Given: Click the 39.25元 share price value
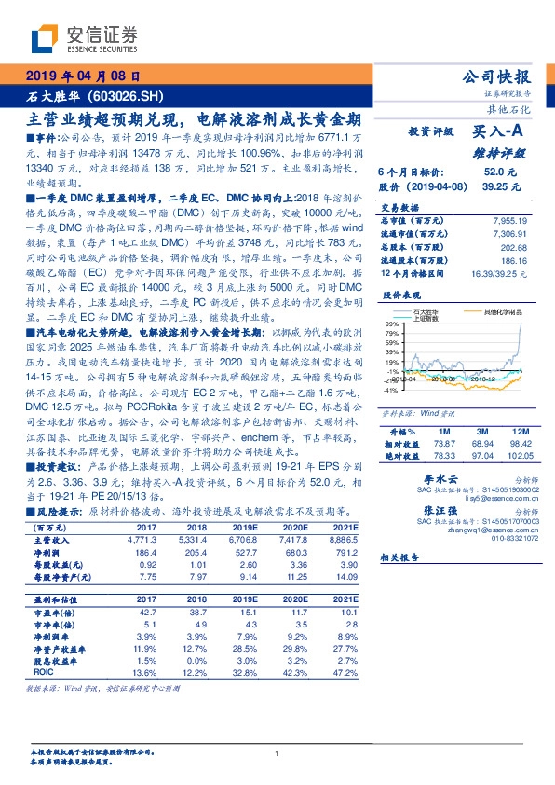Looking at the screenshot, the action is [499, 186].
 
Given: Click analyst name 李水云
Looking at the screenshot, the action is [425, 475].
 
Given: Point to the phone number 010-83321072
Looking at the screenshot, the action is [486, 535].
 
